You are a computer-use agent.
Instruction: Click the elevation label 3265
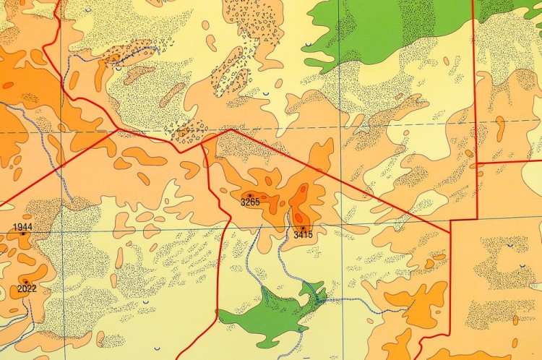[x=250, y=202]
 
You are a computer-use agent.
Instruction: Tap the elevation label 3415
[x=303, y=235]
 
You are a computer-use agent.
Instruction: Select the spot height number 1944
[x=22, y=227]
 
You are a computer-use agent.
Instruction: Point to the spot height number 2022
[x=27, y=289]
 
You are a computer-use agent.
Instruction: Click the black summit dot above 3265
[x=250, y=195]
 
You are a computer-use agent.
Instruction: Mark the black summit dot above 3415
[x=303, y=228]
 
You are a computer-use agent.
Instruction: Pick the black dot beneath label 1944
[x=22, y=233]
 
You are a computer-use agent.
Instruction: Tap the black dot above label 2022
[x=26, y=281]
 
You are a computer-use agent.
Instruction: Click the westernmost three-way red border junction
[x=117, y=130]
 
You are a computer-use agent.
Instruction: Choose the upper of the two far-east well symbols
[x=510, y=247]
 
